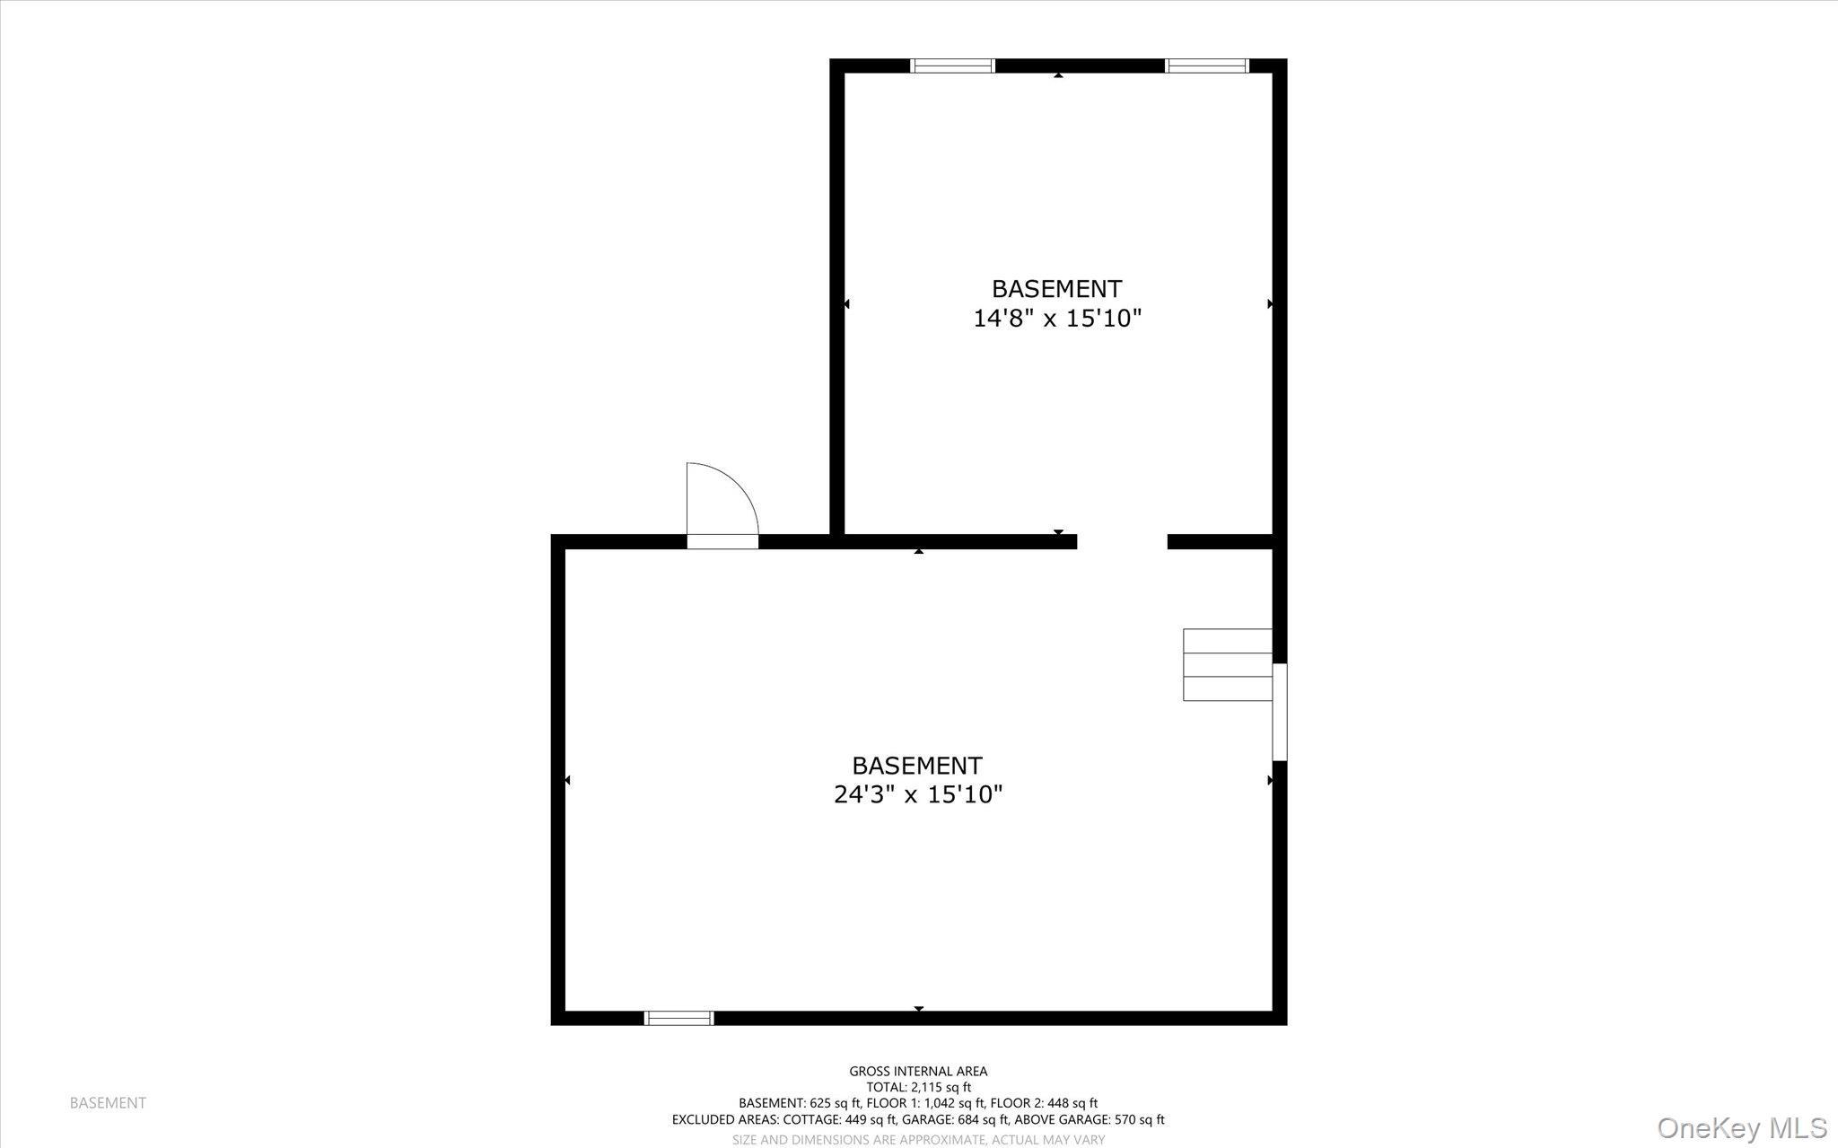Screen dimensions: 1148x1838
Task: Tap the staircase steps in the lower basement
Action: pyautogui.click(x=1227, y=664)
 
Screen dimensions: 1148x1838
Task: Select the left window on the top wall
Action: pyautogui.click(x=952, y=66)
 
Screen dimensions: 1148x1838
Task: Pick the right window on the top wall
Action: pyautogui.click(x=1206, y=66)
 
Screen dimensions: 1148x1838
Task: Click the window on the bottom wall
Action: pyautogui.click(x=678, y=1018)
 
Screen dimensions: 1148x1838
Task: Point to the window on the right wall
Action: pyautogui.click(x=1280, y=712)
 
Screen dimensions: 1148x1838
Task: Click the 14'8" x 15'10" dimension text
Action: pyautogui.click(x=1057, y=319)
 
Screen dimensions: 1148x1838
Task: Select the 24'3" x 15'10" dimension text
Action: pyautogui.click(x=917, y=794)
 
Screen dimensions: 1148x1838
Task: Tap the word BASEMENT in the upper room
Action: pyautogui.click(x=1056, y=289)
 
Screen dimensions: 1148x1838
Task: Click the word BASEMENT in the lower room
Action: pyautogui.click(x=916, y=766)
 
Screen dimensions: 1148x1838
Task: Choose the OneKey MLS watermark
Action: pyautogui.click(x=1741, y=1127)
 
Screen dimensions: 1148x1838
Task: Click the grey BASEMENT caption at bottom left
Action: pyautogui.click(x=108, y=1103)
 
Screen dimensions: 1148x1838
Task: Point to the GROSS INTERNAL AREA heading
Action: pyautogui.click(x=918, y=1071)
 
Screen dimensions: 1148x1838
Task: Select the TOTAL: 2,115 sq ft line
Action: pyautogui.click(x=918, y=1087)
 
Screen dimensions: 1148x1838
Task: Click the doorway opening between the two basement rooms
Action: pyautogui.click(x=1122, y=541)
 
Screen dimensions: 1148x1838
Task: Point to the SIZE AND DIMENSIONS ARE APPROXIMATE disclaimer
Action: pyautogui.click(x=918, y=1139)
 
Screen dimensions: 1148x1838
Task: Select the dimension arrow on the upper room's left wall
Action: pyautogui.click(x=846, y=304)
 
